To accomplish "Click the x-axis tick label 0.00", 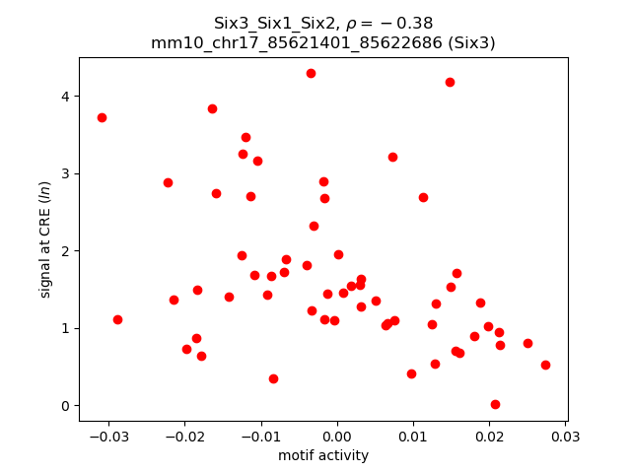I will click(337, 436).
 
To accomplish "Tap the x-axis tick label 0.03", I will click(565, 436).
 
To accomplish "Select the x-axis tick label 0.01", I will click(413, 436).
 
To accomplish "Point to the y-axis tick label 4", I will click(66, 97).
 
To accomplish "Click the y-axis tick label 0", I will click(66, 406).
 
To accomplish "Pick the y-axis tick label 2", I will click(66, 251).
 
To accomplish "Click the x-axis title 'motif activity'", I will click(323, 455).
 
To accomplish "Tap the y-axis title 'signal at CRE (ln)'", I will click(45, 239).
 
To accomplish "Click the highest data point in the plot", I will click(311, 73).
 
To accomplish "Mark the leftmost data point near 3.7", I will click(102, 117).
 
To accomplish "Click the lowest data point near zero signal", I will click(495, 404).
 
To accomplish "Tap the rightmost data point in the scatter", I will click(545, 365).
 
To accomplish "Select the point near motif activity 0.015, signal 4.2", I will click(450, 82).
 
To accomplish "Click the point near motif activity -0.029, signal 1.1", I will click(117, 319).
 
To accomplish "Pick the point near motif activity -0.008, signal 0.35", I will click(273, 378).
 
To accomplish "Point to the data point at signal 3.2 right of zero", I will click(392, 157).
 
